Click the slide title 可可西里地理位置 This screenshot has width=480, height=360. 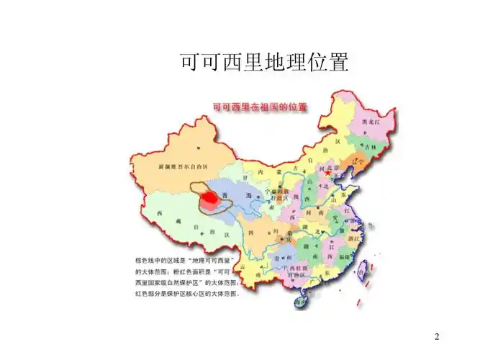[x=264, y=63]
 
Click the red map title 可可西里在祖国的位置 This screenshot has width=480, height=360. [x=260, y=107]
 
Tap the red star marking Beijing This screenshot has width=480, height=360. [x=328, y=174]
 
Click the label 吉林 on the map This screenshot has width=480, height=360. [x=370, y=146]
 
